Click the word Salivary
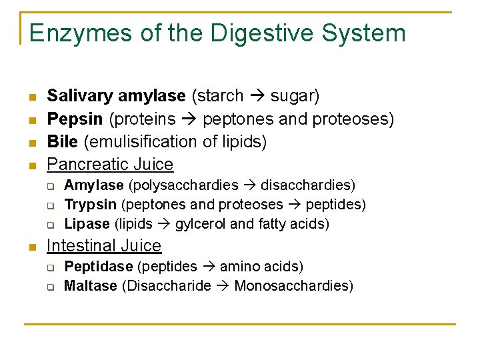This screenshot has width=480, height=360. (79, 96)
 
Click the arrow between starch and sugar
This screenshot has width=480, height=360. (257, 96)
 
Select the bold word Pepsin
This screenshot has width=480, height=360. (75, 119)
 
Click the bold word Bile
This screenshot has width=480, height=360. (62, 141)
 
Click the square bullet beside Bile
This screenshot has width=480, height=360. (31, 143)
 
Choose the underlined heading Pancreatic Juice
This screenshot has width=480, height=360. (110, 164)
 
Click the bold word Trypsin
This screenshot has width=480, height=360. (90, 204)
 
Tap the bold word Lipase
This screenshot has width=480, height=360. (87, 223)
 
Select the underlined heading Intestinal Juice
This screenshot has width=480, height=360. (104, 246)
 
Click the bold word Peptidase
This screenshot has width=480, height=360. (98, 267)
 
